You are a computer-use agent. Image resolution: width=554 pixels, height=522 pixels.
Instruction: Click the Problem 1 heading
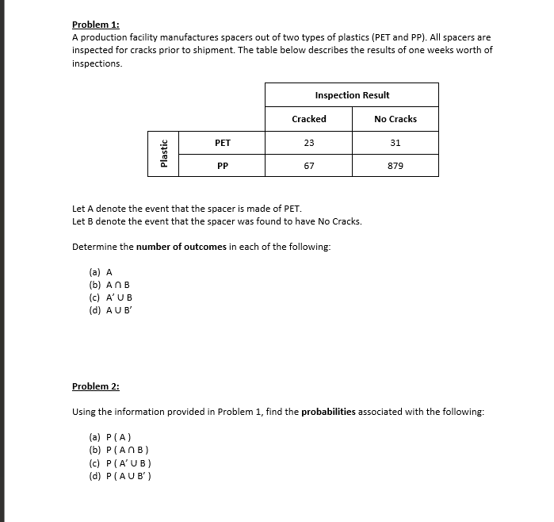[x=95, y=25]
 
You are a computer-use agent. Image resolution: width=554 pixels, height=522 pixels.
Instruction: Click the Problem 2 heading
[x=95, y=386]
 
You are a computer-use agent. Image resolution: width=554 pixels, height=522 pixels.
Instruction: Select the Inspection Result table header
[x=352, y=95]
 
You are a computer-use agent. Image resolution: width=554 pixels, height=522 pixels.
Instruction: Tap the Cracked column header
[x=309, y=119]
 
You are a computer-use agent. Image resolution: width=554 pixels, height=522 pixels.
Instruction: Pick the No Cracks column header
[x=395, y=119]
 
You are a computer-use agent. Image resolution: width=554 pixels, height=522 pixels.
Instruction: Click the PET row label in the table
[x=223, y=143]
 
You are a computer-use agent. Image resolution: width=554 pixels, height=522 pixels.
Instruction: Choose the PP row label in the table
[x=223, y=166]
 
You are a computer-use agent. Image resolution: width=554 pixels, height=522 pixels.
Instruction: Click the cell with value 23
[x=309, y=143]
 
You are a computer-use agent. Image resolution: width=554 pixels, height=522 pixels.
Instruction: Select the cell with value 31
[x=395, y=143]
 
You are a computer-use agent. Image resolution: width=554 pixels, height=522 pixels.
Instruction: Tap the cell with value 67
[x=309, y=166]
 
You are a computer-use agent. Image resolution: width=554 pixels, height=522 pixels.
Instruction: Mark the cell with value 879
[x=395, y=166]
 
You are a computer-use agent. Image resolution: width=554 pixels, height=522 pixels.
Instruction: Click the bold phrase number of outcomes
[x=181, y=247]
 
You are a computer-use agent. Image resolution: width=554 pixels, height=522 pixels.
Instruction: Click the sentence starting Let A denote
[x=187, y=209]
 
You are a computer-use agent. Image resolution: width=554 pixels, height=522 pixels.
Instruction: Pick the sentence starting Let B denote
[x=216, y=221]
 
